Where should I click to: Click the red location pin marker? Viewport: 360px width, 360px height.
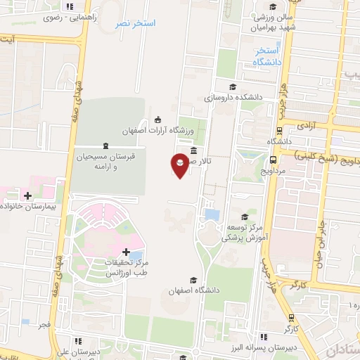pos(180,165)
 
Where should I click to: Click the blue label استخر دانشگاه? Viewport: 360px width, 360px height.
pos(266,57)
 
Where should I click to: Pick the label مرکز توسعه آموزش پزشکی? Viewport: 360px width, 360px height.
pos(243,233)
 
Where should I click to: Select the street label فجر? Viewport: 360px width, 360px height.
pos(44,326)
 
